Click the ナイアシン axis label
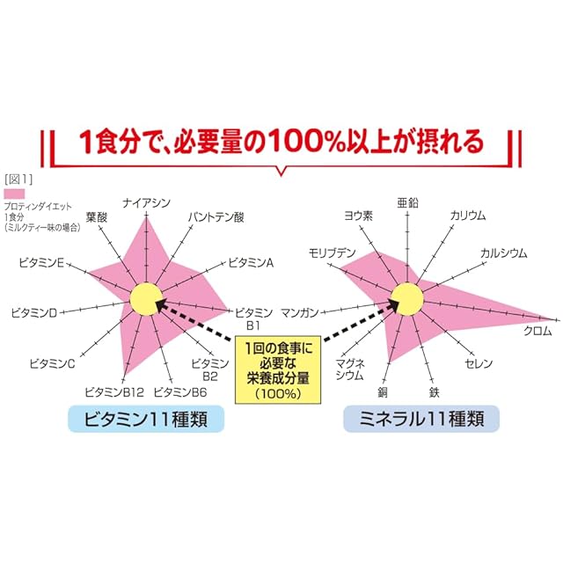147,204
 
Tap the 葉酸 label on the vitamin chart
98,217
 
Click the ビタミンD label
34,312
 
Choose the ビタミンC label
52,362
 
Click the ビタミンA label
252,262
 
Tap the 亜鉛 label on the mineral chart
408,203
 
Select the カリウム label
468,216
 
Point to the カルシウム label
503,253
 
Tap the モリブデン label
332,253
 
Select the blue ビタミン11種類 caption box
147,419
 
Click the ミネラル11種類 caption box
420,419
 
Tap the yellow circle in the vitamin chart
146,300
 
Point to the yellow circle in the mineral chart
406,298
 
